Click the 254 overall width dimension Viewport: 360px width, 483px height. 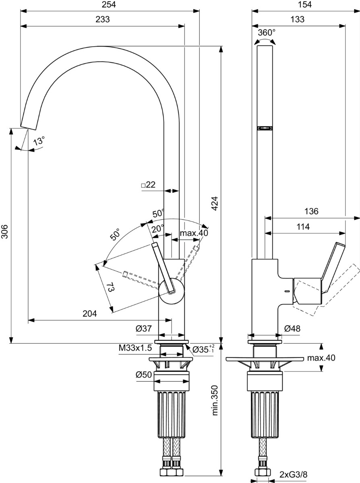[x=109, y=4]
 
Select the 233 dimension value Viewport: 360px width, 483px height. [x=103, y=19]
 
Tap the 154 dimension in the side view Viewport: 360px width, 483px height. [x=304, y=4]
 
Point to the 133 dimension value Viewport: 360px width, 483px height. [x=298, y=19]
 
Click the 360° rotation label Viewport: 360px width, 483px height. [x=267, y=33]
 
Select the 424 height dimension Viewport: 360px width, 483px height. [x=215, y=203]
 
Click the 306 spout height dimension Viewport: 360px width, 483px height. [x=5, y=231]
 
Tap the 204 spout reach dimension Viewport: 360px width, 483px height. [x=89, y=314]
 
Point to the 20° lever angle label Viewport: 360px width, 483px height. [x=158, y=229]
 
